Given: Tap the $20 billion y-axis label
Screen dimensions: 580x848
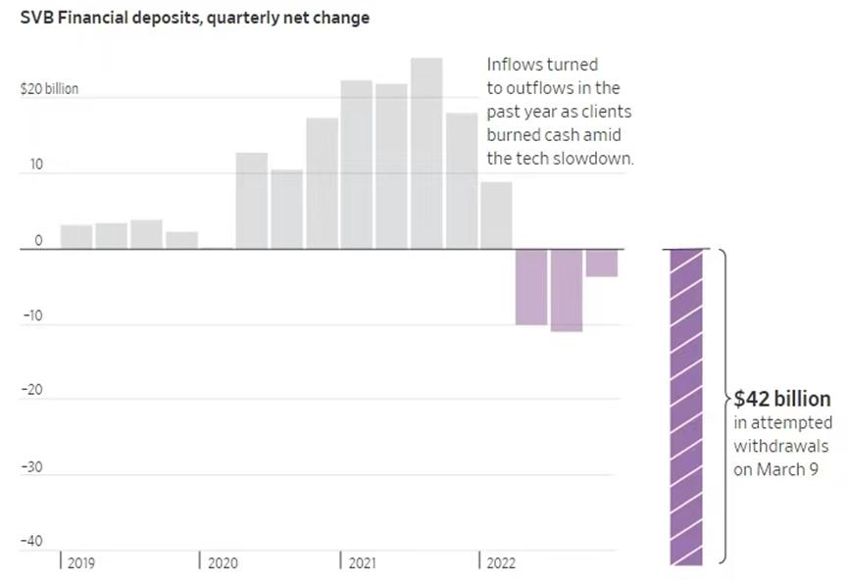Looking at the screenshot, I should [49, 89].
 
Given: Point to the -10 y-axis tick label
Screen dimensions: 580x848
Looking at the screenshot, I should [32, 316].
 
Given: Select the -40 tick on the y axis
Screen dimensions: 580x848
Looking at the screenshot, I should [32, 542].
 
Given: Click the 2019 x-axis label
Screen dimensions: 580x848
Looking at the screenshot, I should [81, 563].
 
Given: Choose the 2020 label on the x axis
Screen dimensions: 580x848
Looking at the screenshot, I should [222, 563].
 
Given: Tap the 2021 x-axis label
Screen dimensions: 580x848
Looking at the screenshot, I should [362, 563].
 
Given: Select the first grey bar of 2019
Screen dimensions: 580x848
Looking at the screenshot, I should [76, 236].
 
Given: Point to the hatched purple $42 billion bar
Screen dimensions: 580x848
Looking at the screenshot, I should [686, 407].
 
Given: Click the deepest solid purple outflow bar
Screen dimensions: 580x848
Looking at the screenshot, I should [567, 290].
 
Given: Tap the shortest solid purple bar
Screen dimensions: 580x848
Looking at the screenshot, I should [601, 263].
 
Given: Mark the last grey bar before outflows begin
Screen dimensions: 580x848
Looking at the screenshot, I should [496, 215].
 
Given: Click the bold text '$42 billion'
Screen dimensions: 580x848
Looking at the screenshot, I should [782, 400].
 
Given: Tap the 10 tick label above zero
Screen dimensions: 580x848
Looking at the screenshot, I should [36, 165].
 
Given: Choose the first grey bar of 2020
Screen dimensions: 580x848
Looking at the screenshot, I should [252, 200].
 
